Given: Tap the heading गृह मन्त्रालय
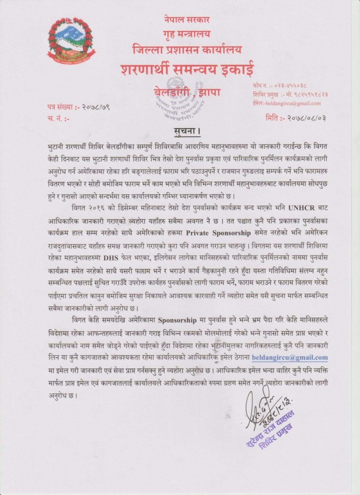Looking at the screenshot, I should pyautogui.click(x=187, y=34).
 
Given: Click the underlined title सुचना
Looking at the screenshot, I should pyautogui.click(x=186, y=131).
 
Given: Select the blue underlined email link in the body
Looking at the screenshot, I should pyautogui.click(x=290, y=358).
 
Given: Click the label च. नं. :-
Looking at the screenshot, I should pyautogui.click(x=58, y=117).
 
